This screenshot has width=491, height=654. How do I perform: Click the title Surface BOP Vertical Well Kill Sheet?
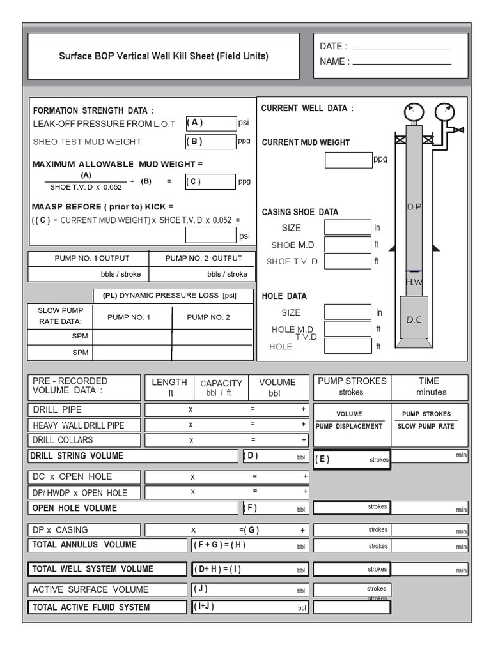pyautogui.click(x=164, y=56)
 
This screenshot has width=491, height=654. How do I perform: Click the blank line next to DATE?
pyautogui.click(x=401, y=48)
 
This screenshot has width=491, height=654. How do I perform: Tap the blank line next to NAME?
pyautogui.click(x=401, y=63)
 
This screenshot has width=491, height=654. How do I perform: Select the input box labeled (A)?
pyautogui.click(x=210, y=123)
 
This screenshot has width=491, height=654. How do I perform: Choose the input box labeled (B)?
pyautogui.click(x=210, y=142)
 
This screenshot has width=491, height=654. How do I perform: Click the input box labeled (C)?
pyautogui.click(x=210, y=181)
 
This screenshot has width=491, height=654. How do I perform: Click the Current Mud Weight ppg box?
pyautogui.click(x=348, y=160)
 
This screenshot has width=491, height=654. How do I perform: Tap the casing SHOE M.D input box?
pyautogui.click(x=347, y=244)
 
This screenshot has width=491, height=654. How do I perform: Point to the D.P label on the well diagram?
pyautogui.click(x=414, y=208)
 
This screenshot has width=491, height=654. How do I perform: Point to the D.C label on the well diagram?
pyautogui.click(x=414, y=320)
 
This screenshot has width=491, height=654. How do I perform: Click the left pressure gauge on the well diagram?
pyautogui.click(x=414, y=113)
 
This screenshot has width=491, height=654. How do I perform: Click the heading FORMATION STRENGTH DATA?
pyautogui.click(x=93, y=110)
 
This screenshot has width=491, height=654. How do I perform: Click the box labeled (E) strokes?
pyautogui.click(x=351, y=459)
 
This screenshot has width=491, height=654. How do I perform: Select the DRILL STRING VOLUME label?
pyautogui.click(x=78, y=456)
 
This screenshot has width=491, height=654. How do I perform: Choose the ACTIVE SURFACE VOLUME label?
pyautogui.click(x=90, y=589)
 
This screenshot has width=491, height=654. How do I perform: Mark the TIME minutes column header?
pyautogui.click(x=431, y=387)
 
